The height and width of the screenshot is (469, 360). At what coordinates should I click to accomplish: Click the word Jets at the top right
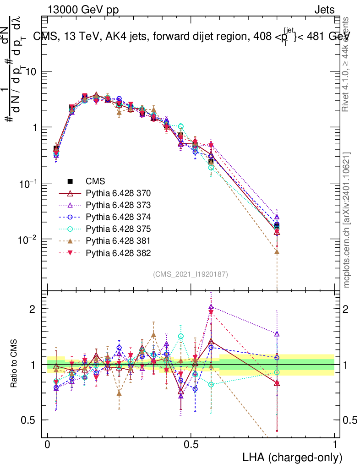click(324, 10)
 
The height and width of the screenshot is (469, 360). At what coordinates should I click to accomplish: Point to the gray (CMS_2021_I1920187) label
click(191, 274)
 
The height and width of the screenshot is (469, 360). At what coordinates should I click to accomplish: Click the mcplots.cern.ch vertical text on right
click(347, 220)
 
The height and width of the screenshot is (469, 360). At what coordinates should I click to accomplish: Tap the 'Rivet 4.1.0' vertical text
click(347, 64)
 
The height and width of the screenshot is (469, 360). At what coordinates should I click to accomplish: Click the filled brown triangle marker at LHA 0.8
click(277, 251)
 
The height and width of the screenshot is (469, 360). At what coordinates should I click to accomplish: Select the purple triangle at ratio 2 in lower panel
click(211, 307)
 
